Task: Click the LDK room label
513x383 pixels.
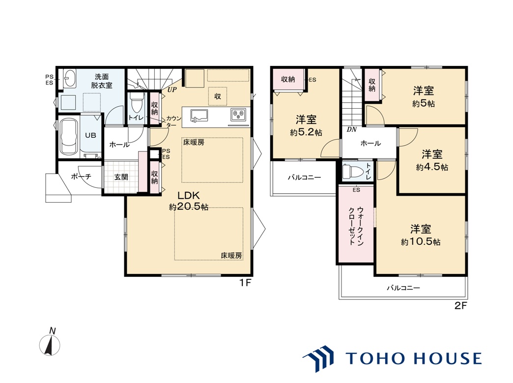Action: click(189, 195)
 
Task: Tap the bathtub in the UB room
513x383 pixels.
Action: click(69, 137)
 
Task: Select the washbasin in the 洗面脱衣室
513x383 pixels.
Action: click(69, 78)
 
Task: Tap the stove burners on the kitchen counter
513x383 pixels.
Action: click(238, 115)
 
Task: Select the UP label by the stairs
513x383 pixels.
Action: click(172, 89)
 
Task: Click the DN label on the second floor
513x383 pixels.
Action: click(351, 130)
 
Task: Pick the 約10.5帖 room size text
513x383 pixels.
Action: click(421, 242)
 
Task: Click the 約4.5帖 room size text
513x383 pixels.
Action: click(432, 167)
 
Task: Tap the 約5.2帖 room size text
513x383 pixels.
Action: click(306, 133)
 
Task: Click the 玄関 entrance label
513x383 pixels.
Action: click(121, 177)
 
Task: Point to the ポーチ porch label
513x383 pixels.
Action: click(81, 177)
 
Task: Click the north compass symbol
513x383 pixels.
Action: click(50, 343)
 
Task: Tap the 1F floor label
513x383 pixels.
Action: click(245, 283)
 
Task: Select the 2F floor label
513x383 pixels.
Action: click(460, 306)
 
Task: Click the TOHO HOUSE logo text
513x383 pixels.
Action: click(413, 358)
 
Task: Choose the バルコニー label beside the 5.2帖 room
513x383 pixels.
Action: click(304, 177)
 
